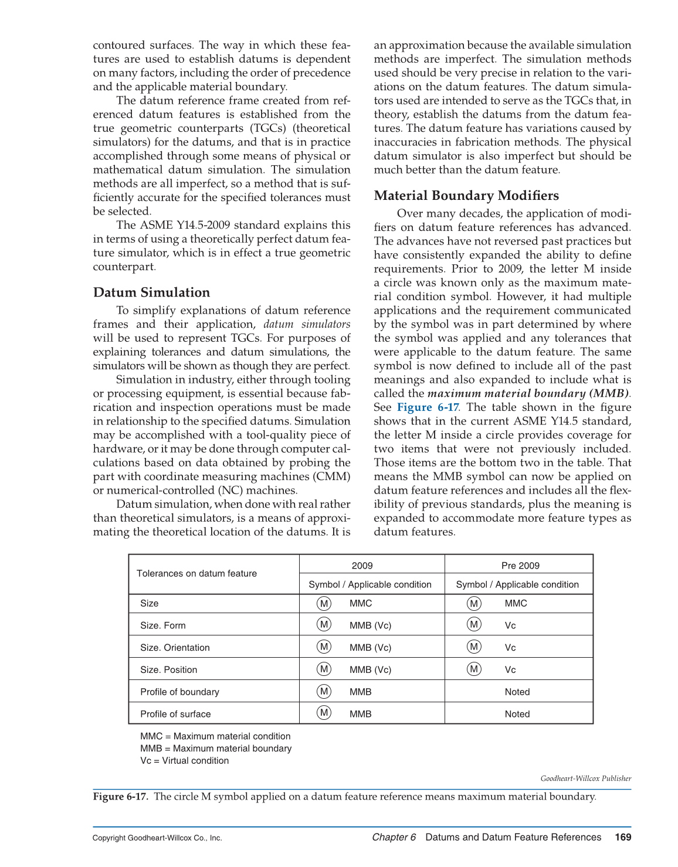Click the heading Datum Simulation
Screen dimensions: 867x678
[151, 293]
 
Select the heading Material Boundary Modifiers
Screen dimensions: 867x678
[466, 196]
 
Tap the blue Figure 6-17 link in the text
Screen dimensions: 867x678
[428, 407]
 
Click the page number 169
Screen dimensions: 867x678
[623, 837]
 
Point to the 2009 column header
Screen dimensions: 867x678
[362, 566]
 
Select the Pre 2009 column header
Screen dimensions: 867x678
[520, 566]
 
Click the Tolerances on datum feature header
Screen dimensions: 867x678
[196, 573]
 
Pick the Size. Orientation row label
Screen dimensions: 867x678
[175, 648]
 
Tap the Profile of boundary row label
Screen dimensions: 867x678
[179, 692]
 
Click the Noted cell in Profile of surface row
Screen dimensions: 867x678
[517, 714]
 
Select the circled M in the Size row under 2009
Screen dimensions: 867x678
[324, 603]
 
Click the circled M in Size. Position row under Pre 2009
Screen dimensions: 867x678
[474, 669]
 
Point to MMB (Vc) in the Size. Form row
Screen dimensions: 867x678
[370, 625]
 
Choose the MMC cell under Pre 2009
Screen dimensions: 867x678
[516, 603]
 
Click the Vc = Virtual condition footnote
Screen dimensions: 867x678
[184, 761]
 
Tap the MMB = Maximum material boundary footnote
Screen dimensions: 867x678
[215, 749]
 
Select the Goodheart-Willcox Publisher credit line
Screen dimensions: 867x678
[585, 778]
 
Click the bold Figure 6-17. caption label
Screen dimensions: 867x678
[121, 797]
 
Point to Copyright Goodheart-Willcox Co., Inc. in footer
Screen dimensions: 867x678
[157, 838]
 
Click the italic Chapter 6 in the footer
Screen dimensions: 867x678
[394, 837]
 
